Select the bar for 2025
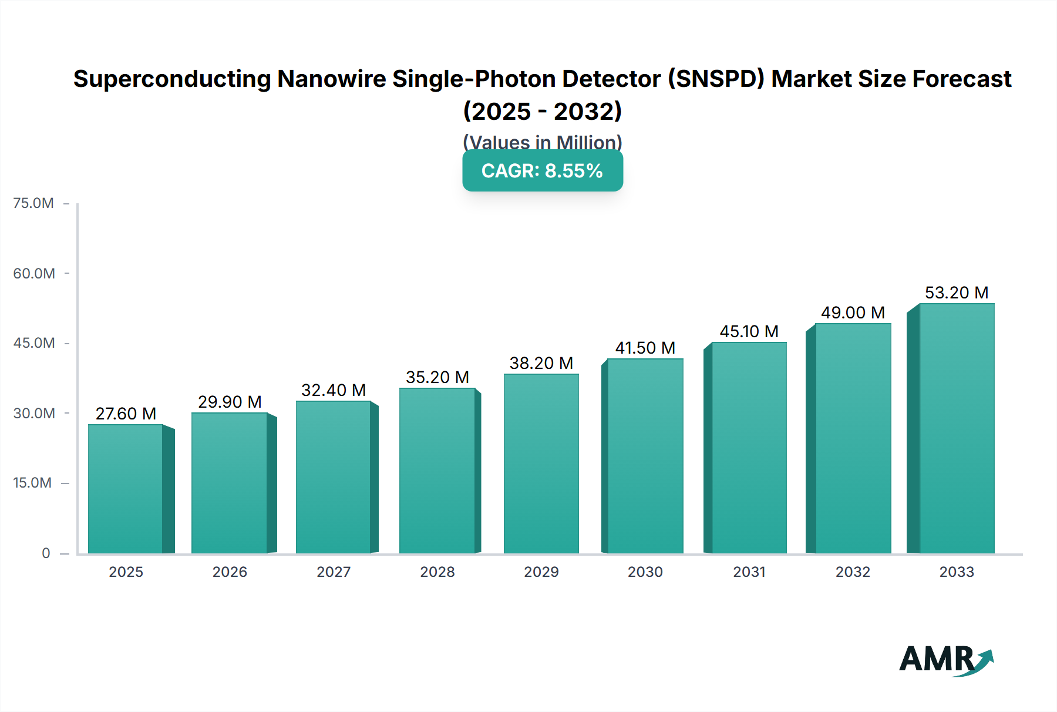click(126, 489)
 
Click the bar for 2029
click(541, 464)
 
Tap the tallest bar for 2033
click(957, 429)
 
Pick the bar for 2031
click(749, 448)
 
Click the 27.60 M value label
click(126, 414)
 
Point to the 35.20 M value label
click(437, 377)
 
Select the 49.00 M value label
click(853, 313)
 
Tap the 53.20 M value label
click(957, 293)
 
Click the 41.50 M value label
click(645, 348)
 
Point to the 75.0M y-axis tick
click(33, 203)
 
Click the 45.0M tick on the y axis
click(34, 343)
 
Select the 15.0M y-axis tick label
click(32, 483)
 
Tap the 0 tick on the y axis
click(46, 553)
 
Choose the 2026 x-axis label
click(230, 572)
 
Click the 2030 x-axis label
click(645, 572)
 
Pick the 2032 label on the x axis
click(853, 572)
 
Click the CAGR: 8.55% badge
click(543, 171)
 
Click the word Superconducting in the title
click(172, 79)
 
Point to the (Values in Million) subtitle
click(543, 142)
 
